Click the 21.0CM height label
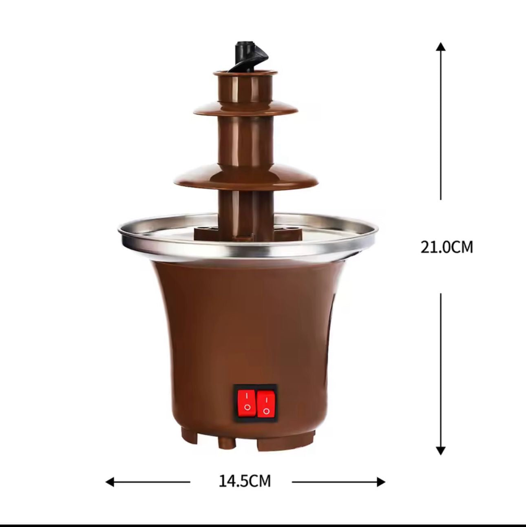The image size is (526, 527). tap(446, 247)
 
